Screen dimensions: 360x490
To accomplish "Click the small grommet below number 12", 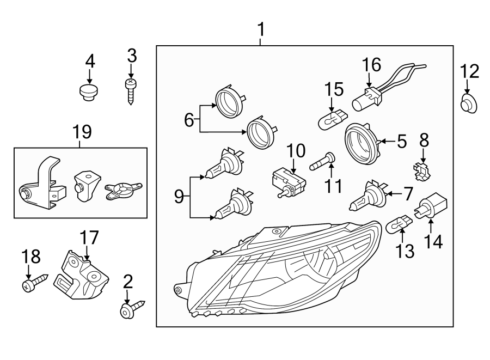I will pyautogui.click(x=469, y=103).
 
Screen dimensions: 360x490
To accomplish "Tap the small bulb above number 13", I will pyautogui.click(x=399, y=223).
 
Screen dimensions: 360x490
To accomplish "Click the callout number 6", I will pyautogui.click(x=188, y=119).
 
